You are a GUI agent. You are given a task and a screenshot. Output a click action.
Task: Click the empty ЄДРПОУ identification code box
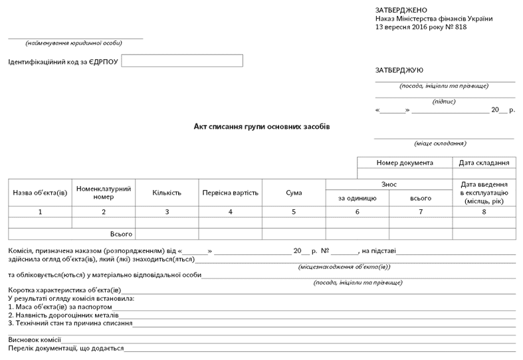tap(182, 60)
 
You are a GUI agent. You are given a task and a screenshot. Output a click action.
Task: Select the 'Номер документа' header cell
tap(405, 163)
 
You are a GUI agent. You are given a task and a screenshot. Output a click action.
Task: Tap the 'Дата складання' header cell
tap(484, 163)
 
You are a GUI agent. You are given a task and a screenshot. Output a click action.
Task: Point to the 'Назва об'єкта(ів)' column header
tap(40, 193)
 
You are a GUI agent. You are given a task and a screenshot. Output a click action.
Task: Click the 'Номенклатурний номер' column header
tap(104, 193)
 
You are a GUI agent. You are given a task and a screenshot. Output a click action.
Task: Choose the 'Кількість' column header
tap(167, 193)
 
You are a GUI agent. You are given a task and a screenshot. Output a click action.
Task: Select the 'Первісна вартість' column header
tap(230, 193)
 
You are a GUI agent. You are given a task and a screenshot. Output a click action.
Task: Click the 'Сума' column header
tap(294, 193)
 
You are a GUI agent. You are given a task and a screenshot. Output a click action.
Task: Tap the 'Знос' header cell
tap(389, 184)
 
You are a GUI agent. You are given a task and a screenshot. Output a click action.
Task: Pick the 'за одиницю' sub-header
tap(357, 199)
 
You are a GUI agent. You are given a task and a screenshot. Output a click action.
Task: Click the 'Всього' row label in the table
tap(122, 234)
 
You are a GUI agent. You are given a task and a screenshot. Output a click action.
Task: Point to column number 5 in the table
tap(294, 212)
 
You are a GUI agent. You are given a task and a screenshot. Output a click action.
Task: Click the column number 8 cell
tap(484, 212)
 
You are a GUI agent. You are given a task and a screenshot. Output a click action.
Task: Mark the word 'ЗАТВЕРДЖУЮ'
tap(399, 70)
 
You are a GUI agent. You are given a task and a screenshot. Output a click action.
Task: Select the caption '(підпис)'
tap(444, 102)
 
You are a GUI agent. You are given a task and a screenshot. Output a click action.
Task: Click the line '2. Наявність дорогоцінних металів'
tap(63, 315)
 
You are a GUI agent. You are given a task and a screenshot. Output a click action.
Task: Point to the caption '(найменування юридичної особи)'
tap(74, 43)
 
